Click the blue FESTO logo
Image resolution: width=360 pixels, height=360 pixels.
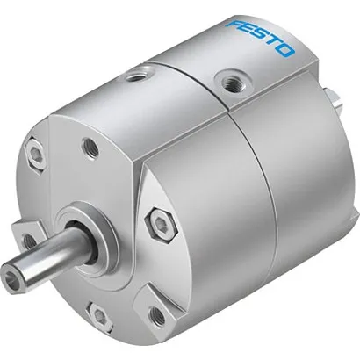click(x=260, y=38)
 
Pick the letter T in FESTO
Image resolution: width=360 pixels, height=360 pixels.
click(x=271, y=44)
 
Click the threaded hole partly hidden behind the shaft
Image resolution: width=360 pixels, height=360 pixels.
click(x=29, y=239)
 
